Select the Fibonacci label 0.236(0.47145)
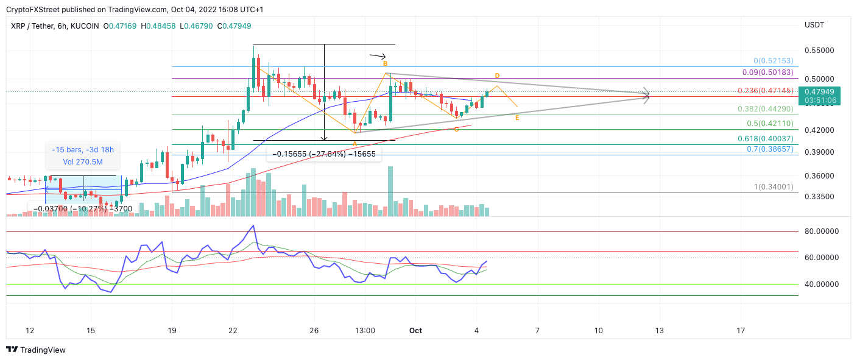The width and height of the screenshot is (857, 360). click(x=765, y=90)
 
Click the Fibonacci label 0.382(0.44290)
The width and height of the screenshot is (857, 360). click(x=765, y=108)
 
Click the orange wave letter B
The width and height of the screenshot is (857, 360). click(x=384, y=63)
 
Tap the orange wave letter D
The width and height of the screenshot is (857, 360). click(x=497, y=76)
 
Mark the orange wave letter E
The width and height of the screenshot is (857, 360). click(x=517, y=118)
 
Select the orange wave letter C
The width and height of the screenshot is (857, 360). click(x=456, y=129)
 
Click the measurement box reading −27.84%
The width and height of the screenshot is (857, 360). click(x=324, y=155)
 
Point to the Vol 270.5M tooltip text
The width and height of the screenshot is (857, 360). click(x=83, y=161)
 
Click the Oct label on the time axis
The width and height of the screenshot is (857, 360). click(x=415, y=331)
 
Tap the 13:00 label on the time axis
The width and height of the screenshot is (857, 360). click(x=364, y=331)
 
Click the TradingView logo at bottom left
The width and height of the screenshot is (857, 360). click(x=36, y=350)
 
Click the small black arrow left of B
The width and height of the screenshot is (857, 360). click(x=378, y=56)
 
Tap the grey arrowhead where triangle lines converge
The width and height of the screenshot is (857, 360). click(x=647, y=95)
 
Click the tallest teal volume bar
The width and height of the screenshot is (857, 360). click(x=390, y=191)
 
